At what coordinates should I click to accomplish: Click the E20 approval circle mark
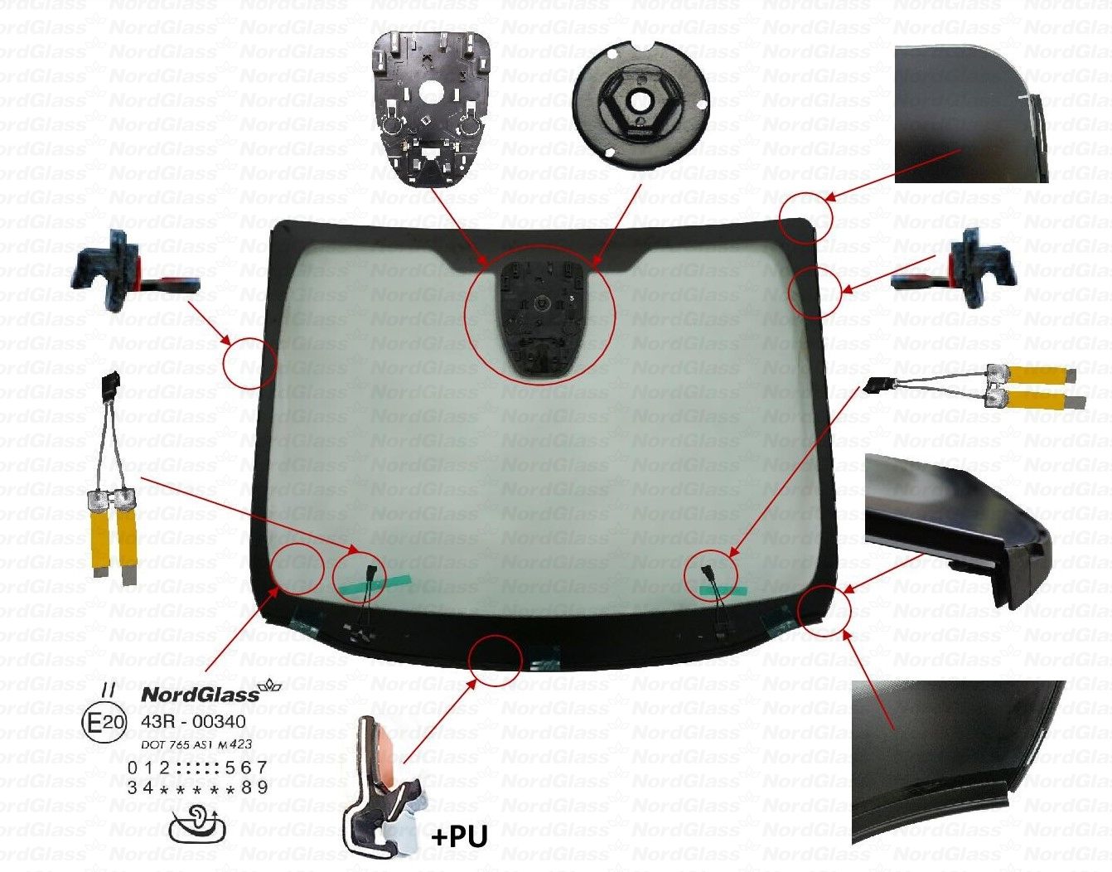(x=104, y=723)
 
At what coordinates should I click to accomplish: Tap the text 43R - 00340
(x=193, y=722)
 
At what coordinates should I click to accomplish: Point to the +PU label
(x=459, y=836)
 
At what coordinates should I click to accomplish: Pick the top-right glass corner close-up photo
(x=971, y=114)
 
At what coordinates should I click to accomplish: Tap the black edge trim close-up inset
(x=957, y=530)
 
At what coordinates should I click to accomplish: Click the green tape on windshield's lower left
(x=372, y=584)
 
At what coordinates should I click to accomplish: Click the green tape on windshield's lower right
(x=723, y=591)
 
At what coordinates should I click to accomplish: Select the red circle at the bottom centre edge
(x=495, y=661)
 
